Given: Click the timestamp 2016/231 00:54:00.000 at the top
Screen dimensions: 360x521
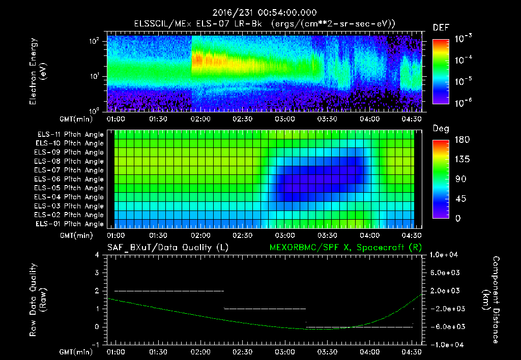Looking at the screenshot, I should [260, 13].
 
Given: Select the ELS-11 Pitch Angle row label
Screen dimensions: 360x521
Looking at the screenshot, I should [70, 135].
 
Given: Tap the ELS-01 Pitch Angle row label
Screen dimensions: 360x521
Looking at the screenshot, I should [70, 224].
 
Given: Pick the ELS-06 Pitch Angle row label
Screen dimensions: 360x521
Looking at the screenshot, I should [70, 179].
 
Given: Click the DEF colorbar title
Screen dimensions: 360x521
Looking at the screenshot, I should [441, 27].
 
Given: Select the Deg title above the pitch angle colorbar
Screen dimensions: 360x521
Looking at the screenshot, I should [441, 129].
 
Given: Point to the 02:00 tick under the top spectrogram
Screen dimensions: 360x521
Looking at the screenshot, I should [200, 119].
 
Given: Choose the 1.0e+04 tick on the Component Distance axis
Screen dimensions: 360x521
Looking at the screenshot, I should [446, 255].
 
